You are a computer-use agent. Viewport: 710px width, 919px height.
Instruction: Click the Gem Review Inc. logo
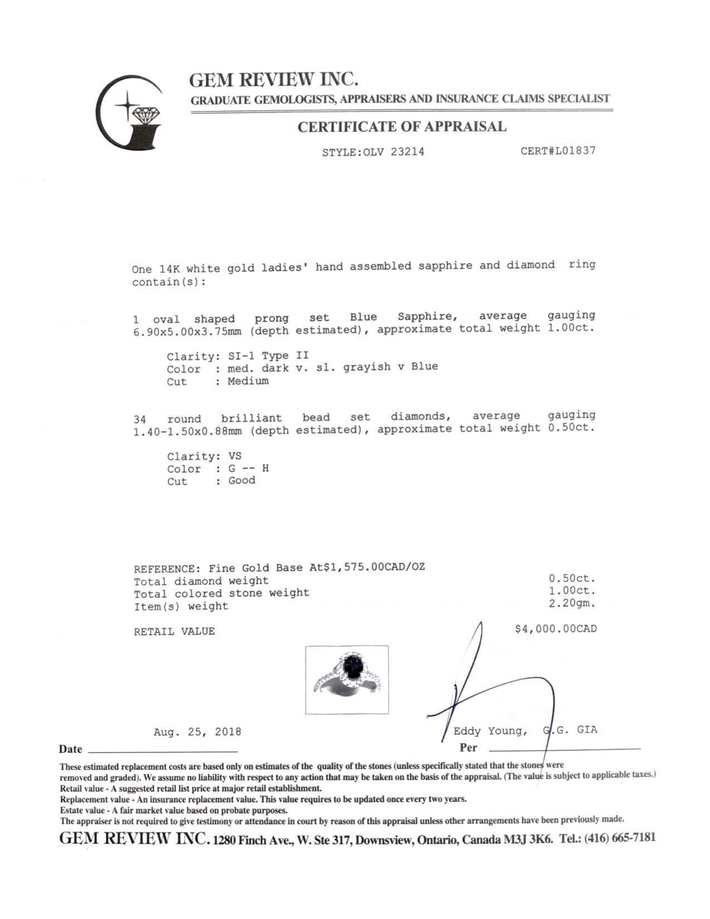(x=130, y=113)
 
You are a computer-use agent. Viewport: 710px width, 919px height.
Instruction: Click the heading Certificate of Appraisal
(x=401, y=127)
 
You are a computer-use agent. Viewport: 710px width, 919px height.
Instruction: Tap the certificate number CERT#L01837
(x=558, y=150)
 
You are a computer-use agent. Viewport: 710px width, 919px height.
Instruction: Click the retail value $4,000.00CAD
(x=556, y=629)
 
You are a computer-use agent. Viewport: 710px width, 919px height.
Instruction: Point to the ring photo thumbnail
(x=347, y=680)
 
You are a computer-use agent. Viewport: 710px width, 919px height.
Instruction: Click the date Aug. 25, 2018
(x=197, y=732)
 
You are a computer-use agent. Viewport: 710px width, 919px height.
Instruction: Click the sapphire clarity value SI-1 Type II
(x=268, y=355)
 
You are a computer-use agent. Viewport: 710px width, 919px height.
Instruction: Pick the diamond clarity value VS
(x=235, y=456)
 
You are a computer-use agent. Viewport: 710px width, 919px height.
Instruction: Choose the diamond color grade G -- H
(x=248, y=468)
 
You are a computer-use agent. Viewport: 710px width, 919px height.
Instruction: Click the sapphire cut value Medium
(x=248, y=381)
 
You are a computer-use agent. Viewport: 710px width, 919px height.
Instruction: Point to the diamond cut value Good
(x=242, y=481)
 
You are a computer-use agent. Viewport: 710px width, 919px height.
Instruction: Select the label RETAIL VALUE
(x=174, y=632)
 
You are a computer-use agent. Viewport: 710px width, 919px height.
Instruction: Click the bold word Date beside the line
(x=71, y=749)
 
